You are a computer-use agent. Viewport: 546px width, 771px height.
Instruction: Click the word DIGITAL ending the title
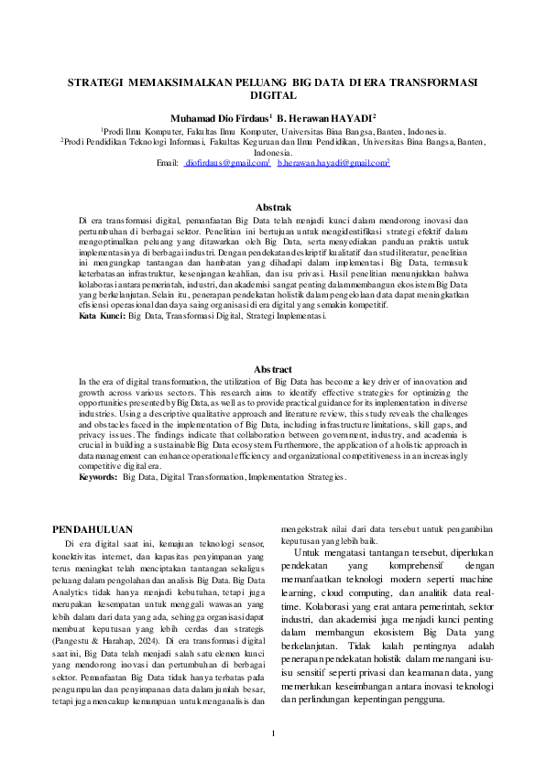click(273, 94)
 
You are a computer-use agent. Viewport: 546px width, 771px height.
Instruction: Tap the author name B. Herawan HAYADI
click(320, 118)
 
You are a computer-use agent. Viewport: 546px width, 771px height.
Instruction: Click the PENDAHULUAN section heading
click(93, 529)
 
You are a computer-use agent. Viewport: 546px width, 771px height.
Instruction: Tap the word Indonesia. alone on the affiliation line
click(273, 152)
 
